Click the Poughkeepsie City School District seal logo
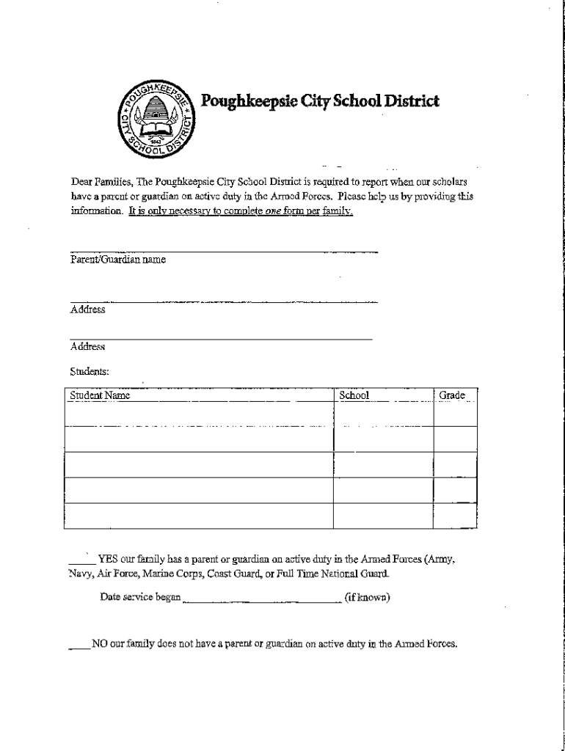157,118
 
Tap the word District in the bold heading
407,100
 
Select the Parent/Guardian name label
118,260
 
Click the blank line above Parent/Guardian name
224,252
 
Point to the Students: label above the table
90,372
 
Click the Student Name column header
100,396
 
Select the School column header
354,396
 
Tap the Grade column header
452,396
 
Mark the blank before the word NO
79,645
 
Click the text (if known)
367,597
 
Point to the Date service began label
140,597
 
